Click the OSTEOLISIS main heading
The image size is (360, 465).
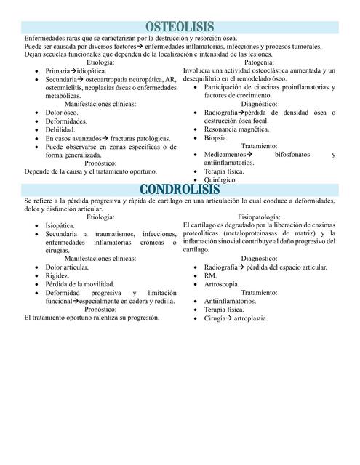[x=179, y=28]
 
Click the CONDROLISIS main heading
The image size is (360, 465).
[x=179, y=190]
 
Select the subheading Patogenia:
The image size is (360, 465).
[x=259, y=63]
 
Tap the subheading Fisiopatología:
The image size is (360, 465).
[x=259, y=217]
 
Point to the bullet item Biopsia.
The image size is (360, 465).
[x=216, y=137]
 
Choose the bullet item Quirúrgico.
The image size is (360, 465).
[x=220, y=179]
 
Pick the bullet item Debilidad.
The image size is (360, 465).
[x=60, y=129]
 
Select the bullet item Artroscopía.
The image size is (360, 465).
[x=223, y=284]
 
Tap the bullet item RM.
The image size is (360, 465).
[x=210, y=276]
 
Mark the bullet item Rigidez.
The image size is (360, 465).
[x=57, y=275]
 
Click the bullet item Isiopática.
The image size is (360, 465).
[x=63, y=226]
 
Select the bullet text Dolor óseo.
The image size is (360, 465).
[x=63, y=113]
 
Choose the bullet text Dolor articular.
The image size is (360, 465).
[x=67, y=267]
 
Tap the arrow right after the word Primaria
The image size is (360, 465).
[x=74, y=71]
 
